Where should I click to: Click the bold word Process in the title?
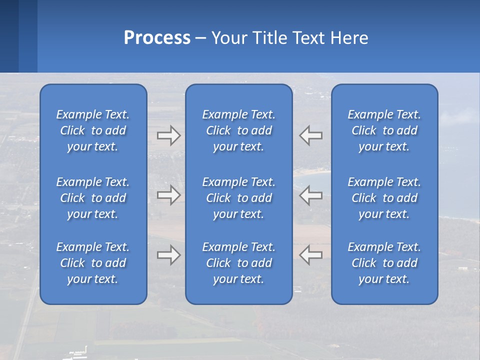click(157, 38)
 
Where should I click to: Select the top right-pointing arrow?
click(168, 135)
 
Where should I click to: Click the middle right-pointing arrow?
click(168, 195)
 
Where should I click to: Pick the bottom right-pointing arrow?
click(168, 255)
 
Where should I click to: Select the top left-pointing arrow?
click(311, 135)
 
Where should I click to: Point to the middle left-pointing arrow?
click(311, 195)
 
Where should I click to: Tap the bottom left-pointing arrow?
click(311, 255)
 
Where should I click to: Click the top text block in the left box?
click(93, 130)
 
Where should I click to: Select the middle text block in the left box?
click(93, 198)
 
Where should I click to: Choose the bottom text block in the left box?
click(93, 263)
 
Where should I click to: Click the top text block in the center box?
click(239, 130)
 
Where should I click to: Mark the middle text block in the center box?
click(239, 198)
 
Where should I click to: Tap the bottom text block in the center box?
click(239, 263)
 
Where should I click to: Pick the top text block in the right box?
click(384, 130)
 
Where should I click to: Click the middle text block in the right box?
click(384, 198)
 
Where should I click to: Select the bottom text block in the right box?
click(384, 263)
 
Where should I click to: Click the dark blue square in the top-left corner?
click(9, 36)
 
